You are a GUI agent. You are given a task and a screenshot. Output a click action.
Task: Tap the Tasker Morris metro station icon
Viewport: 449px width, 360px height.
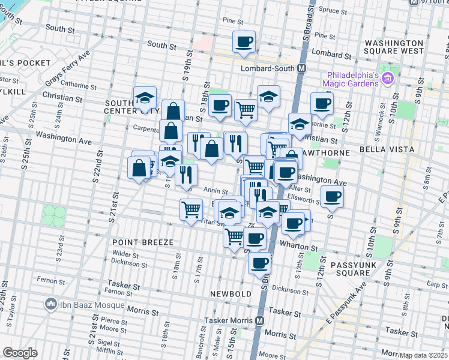click(x=259, y=321)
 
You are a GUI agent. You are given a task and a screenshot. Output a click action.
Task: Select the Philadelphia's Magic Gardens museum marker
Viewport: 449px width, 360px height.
click(x=387, y=78)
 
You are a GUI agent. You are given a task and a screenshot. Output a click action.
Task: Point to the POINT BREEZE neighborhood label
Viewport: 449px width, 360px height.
click(x=143, y=242)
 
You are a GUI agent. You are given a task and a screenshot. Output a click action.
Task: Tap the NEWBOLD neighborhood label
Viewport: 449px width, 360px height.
click(x=226, y=294)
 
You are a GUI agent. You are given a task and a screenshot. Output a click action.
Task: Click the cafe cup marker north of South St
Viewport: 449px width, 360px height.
click(x=244, y=42)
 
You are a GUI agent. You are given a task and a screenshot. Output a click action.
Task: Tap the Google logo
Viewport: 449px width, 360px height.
click(x=20, y=353)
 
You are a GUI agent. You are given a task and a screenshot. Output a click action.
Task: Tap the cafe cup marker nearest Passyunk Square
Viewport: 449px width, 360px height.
click(x=331, y=196)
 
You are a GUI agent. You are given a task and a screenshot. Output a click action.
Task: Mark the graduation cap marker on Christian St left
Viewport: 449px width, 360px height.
click(x=144, y=98)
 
